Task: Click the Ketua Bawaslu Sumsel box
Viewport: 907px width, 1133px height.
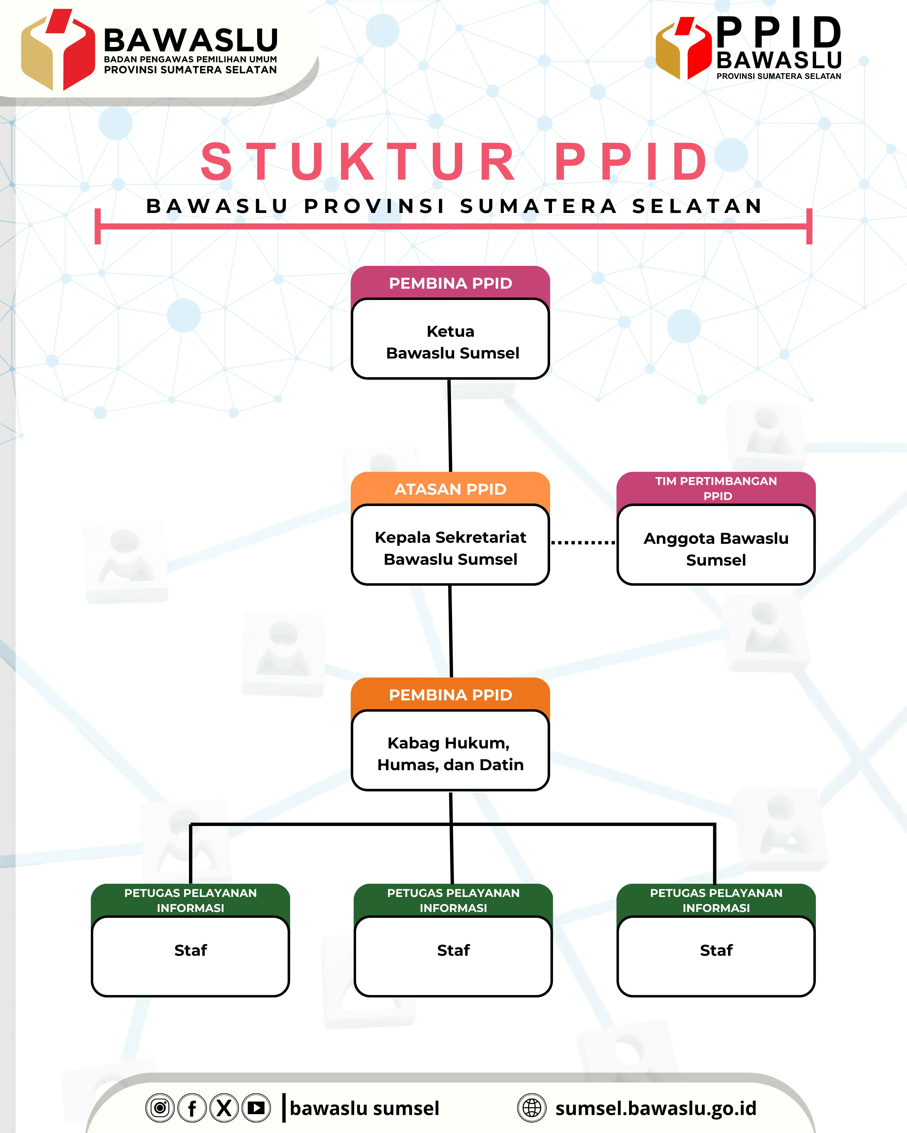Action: click(x=451, y=342)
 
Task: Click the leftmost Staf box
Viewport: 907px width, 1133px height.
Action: click(x=190, y=955)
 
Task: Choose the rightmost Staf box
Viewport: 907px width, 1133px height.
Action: click(x=716, y=955)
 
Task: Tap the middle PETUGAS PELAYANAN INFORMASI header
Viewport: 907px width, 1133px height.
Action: click(x=453, y=900)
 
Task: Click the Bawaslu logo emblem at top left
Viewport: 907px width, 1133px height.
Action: click(x=58, y=50)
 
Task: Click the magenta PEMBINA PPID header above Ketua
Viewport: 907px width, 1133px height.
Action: click(x=451, y=283)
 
